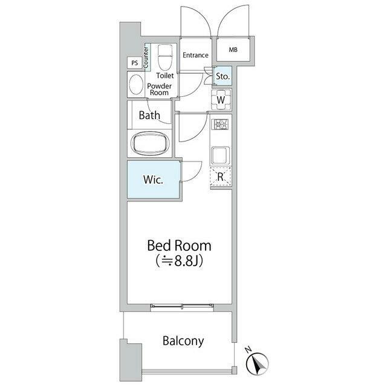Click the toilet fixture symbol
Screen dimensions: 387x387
coord(164,57)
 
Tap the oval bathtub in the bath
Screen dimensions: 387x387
coord(151,144)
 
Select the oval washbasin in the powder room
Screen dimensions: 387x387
coord(136,85)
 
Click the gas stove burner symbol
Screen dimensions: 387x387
coord(221,124)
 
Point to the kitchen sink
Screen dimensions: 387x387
coord(220,156)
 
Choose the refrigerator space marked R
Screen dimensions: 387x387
coord(221,176)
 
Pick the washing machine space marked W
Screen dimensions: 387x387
coord(221,100)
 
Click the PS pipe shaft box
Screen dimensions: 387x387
coord(135,63)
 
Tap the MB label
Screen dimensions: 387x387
coord(233,50)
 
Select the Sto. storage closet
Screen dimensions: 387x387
coord(223,76)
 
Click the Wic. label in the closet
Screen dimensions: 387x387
coord(153,180)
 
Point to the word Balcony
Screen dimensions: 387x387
coord(183,341)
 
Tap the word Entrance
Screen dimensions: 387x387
coord(195,55)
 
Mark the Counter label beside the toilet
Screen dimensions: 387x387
coord(146,57)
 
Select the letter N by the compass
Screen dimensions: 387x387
coord(248,350)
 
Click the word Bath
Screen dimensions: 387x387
coord(149,115)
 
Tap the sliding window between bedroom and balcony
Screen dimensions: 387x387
coord(182,306)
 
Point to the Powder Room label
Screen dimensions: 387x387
coord(159,89)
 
